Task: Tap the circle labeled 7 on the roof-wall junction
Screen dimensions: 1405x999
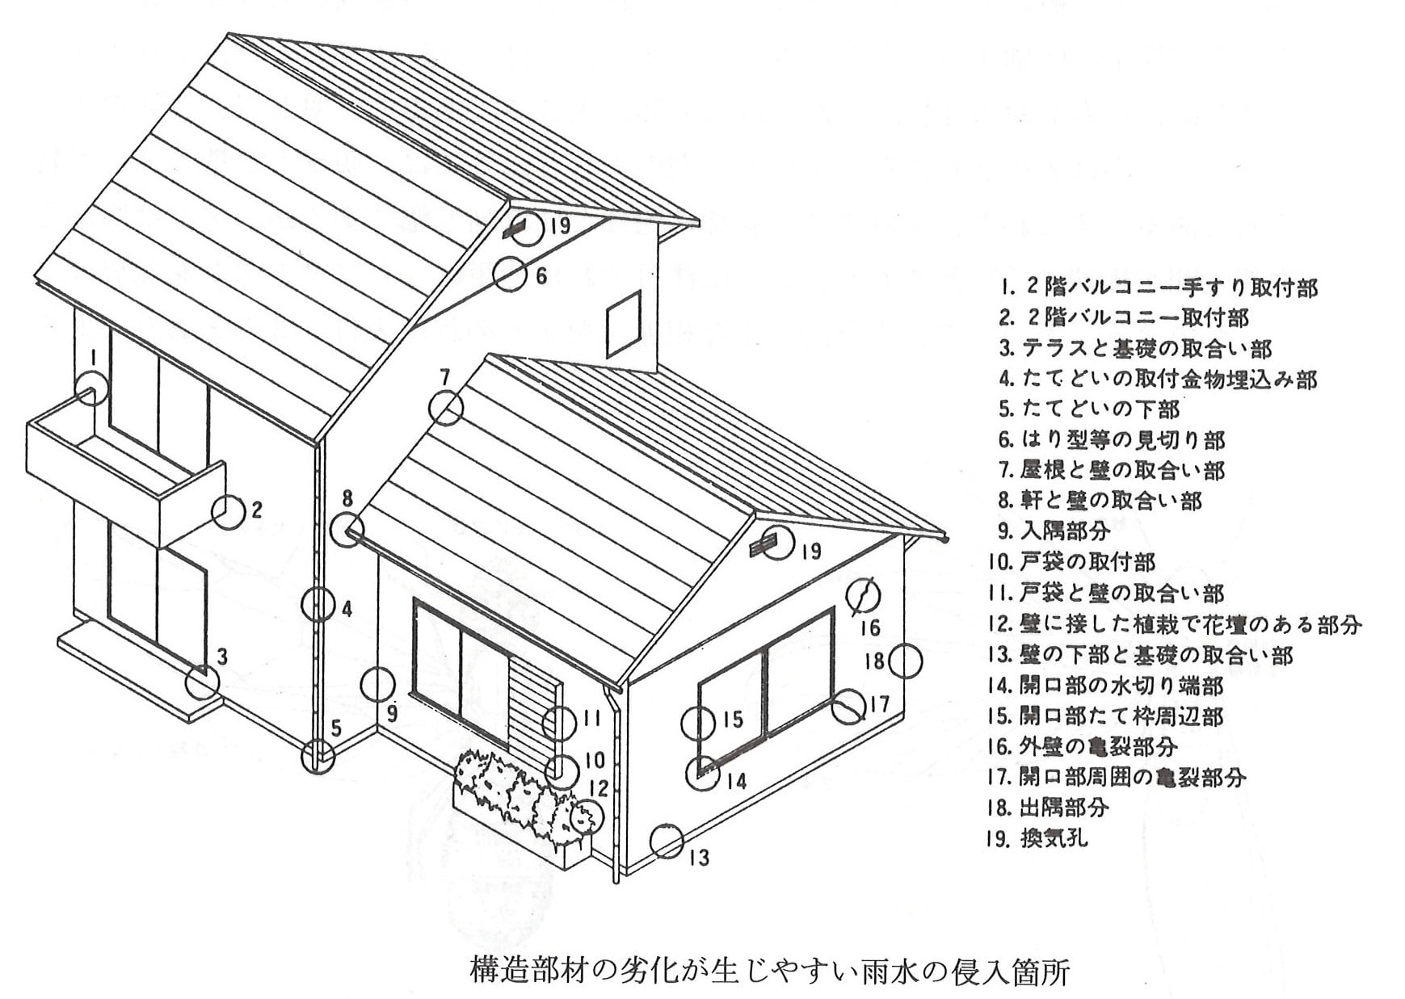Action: [429, 408]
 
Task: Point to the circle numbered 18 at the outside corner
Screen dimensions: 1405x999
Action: [889, 661]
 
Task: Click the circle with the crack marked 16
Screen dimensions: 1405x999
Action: [847, 595]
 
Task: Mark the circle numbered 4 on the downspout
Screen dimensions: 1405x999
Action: [302, 603]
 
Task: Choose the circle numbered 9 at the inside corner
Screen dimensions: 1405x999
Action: [360, 684]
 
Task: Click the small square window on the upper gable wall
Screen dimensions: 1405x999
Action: [624, 324]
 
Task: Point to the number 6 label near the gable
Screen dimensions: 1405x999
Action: [541, 275]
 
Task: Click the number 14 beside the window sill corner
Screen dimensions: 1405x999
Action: [736, 781]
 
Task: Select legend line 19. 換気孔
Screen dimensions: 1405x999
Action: [1037, 838]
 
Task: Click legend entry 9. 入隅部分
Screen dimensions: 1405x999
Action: [1054, 531]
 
